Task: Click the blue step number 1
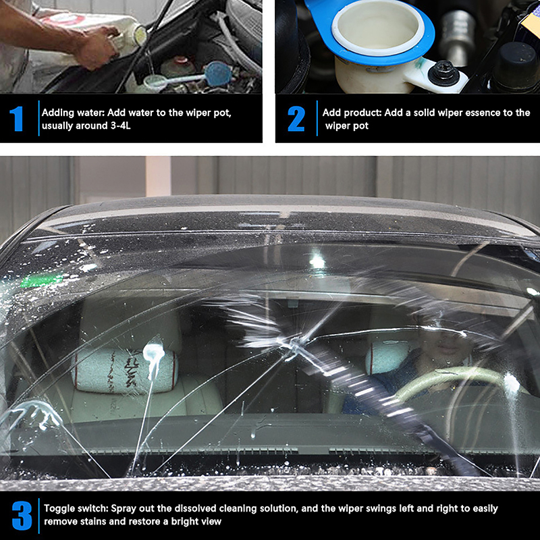(16, 119)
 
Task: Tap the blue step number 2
(296, 119)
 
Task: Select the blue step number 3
(22, 516)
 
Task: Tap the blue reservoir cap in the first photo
(217, 74)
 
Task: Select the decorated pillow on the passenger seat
(125, 370)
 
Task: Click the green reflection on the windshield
(42, 281)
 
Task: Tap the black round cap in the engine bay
(516, 65)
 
